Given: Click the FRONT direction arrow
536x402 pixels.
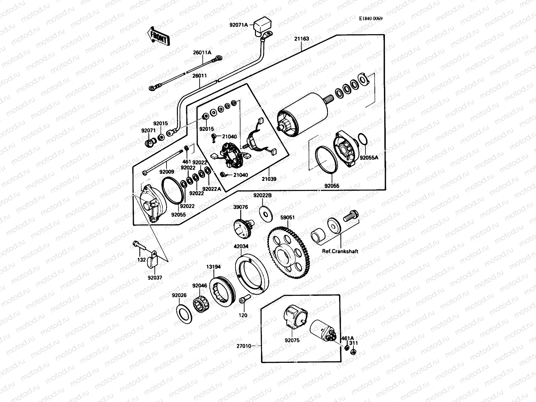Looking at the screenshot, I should [158, 36].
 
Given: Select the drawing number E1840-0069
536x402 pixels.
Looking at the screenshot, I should [371, 19].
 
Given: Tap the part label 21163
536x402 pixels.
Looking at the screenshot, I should [301, 39].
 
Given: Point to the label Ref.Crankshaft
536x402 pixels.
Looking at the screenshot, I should [340, 251].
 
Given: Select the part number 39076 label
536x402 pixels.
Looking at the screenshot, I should [241, 207].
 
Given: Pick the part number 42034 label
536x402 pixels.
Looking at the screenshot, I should [241, 246].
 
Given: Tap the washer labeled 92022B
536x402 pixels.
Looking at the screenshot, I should [265, 213].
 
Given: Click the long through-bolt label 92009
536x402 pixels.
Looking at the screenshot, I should [166, 172].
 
